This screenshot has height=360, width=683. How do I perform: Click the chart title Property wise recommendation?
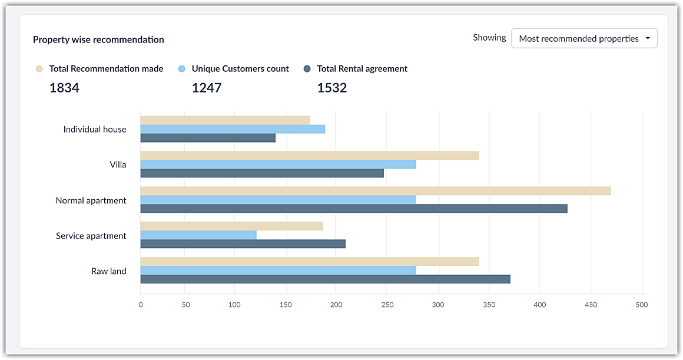coord(98,40)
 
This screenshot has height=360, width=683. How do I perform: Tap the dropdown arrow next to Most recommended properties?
coord(648,38)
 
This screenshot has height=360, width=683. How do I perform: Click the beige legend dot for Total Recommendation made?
coord(39,69)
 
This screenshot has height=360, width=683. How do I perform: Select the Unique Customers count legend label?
coord(240,69)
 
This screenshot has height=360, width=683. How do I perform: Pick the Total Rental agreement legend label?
coord(362,69)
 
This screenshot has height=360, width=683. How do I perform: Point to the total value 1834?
coord(64,88)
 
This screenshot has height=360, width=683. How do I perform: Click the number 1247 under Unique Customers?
coord(207,88)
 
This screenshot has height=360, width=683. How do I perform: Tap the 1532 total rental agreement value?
coord(332,88)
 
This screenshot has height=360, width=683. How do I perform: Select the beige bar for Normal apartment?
coord(375,191)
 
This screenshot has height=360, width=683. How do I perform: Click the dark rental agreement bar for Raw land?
coord(325,279)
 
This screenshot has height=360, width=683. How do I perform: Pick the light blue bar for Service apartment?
coord(198,235)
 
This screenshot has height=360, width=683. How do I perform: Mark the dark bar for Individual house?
coord(208,138)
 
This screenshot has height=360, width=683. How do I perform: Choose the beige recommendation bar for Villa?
coord(309,156)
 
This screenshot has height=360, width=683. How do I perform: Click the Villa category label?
coord(118,165)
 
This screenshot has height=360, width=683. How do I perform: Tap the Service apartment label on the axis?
coord(91,236)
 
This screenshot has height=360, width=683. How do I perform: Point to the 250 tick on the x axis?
coord(387,305)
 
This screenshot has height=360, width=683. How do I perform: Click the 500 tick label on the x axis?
coord(641,305)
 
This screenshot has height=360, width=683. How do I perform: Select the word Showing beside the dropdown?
coord(489,38)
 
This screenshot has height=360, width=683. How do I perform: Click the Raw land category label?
coord(109,271)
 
